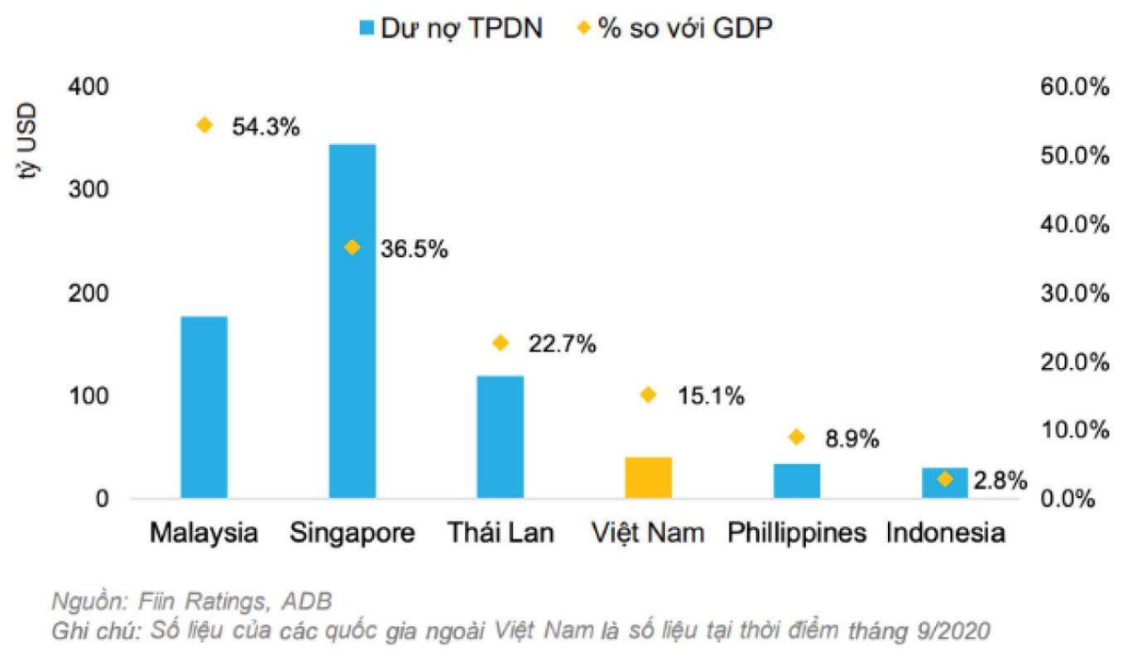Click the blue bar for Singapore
click(x=352, y=320)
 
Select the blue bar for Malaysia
click(x=204, y=407)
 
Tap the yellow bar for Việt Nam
click(x=648, y=477)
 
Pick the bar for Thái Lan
click(x=500, y=436)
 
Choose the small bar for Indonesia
click(x=944, y=483)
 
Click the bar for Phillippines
click(x=797, y=480)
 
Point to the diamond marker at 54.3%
click(x=204, y=125)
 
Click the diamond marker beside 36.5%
click(x=352, y=248)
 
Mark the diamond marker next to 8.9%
click(x=797, y=437)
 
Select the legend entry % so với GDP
click(x=674, y=28)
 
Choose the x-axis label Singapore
click(x=353, y=534)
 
